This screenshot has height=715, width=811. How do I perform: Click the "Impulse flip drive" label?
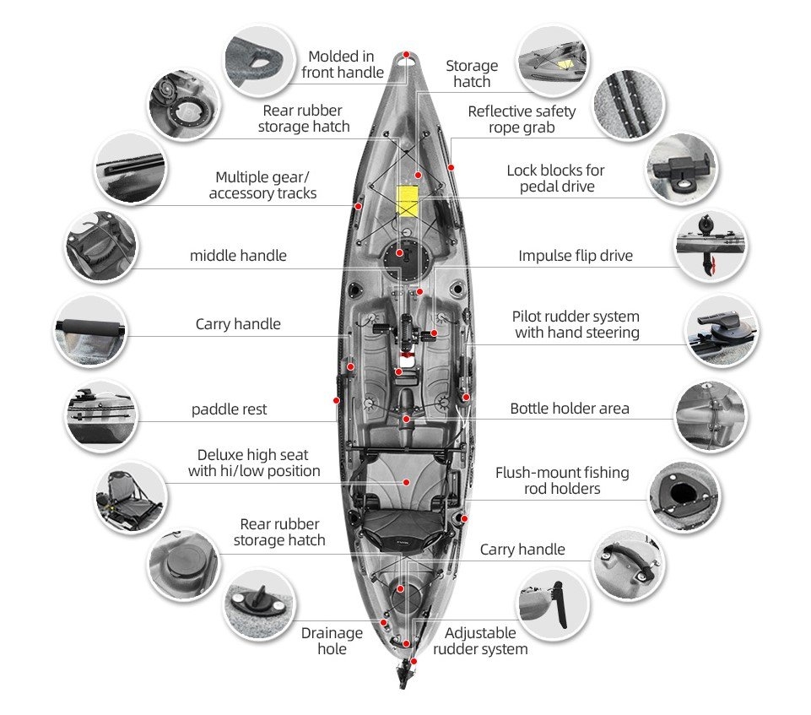click(575, 256)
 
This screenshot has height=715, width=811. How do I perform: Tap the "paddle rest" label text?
click(229, 409)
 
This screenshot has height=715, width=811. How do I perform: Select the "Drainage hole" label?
click(332, 641)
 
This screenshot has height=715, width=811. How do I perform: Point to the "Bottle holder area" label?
click(569, 409)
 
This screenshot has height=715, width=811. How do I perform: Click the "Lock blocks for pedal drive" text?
click(555, 178)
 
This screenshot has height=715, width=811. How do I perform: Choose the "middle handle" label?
click(238, 256)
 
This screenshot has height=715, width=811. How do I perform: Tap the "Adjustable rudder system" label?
click(480, 641)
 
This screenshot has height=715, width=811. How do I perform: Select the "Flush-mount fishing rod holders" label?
click(562, 480)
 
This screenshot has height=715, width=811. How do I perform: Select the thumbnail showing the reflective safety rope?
click(629, 106)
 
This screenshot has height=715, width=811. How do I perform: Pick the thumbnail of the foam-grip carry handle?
click(89, 331)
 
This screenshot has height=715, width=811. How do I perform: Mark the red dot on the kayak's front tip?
click(407, 55)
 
